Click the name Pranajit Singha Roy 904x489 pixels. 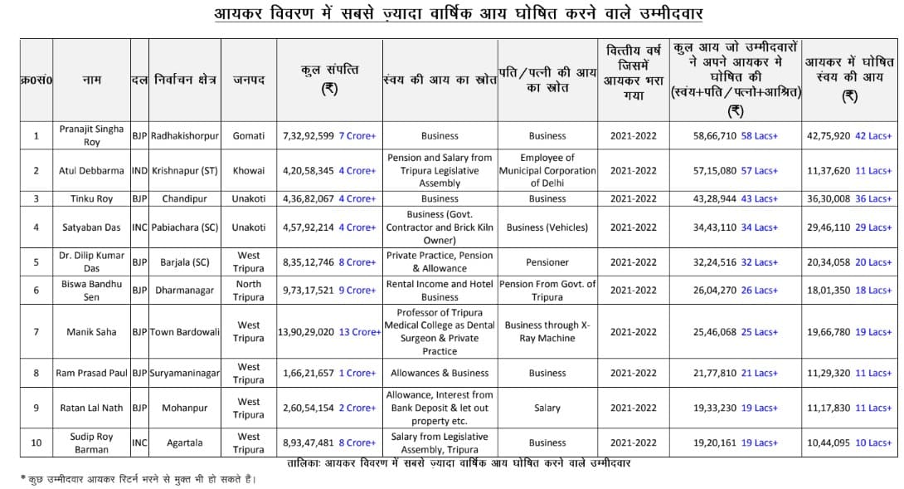(x=91, y=135)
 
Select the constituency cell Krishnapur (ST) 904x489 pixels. (x=185, y=170)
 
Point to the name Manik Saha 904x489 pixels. (x=91, y=332)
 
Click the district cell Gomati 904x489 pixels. (x=249, y=135)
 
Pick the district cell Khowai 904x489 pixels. (x=249, y=170)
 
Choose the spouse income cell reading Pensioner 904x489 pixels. (x=547, y=262)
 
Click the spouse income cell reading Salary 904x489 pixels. (x=547, y=408)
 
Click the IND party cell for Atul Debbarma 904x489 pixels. (x=139, y=170)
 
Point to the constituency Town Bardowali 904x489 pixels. (x=185, y=332)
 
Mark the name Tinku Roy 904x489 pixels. (x=91, y=199)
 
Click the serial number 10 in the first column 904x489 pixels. (x=36, y=443)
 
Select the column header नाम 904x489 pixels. (x=91, y=81)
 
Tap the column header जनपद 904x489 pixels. (x=249, y=81)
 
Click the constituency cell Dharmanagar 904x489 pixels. (x=185, y=291)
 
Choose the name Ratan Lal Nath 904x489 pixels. (x=91, y=408)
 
